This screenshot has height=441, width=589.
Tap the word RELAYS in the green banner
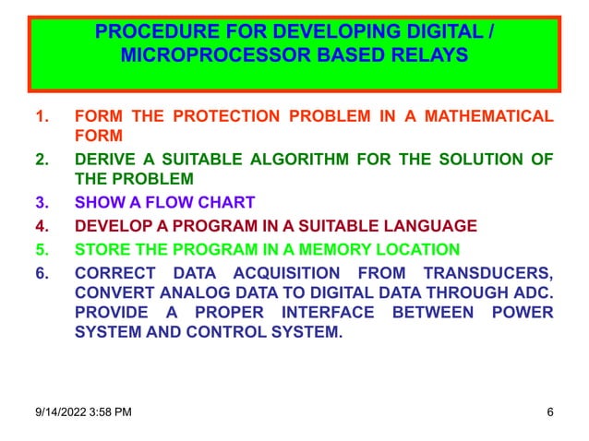point(432,56)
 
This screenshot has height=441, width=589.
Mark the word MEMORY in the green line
point(345,249)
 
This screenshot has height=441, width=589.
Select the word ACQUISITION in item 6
point(290,273)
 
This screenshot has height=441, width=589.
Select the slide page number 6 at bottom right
point(550,411)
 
